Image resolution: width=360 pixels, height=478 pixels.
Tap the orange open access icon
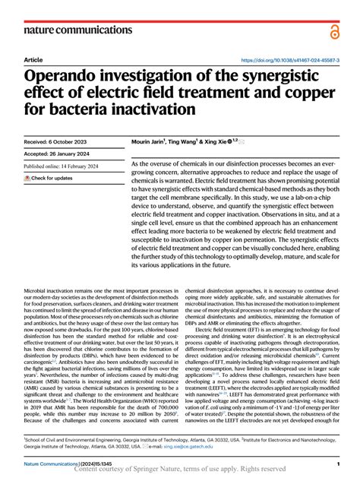335,31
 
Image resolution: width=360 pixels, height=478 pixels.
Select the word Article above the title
33,59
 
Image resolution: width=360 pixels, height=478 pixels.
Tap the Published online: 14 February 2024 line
67,166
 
